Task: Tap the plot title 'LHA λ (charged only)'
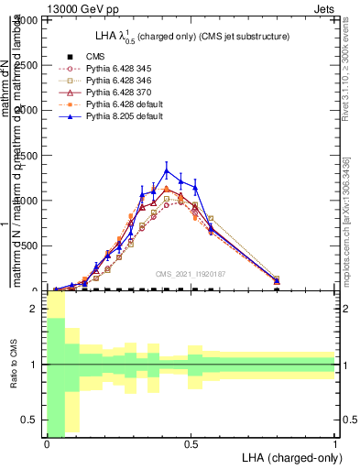tap(171, 37)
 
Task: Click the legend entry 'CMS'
tap(96, 57)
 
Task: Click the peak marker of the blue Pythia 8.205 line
tap(166, 170)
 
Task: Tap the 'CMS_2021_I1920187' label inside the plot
tap(191, 273)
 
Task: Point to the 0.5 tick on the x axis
tap(191, 444)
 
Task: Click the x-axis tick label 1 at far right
tap(335, 444)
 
